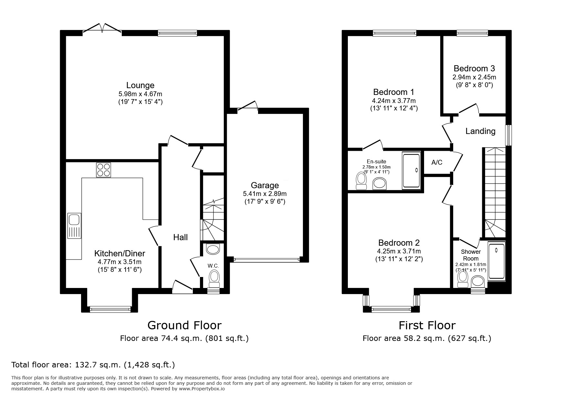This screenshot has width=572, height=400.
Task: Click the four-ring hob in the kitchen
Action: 103,170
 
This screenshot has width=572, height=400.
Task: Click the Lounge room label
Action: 140,85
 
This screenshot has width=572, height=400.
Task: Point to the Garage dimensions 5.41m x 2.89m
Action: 265,194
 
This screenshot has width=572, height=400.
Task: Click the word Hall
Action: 180,237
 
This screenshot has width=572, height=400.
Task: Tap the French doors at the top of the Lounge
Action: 102,28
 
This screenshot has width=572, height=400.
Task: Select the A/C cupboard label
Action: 437,162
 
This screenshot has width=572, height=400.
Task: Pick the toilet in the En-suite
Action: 360,181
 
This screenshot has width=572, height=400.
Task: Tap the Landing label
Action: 480,131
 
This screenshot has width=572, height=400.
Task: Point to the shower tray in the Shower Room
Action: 496,261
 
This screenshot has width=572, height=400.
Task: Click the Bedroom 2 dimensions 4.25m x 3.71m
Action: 399,251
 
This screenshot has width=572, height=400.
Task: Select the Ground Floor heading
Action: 184,325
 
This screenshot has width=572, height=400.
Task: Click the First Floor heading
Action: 427,325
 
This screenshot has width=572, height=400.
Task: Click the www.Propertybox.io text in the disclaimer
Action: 202,389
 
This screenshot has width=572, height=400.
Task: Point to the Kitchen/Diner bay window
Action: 110,309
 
